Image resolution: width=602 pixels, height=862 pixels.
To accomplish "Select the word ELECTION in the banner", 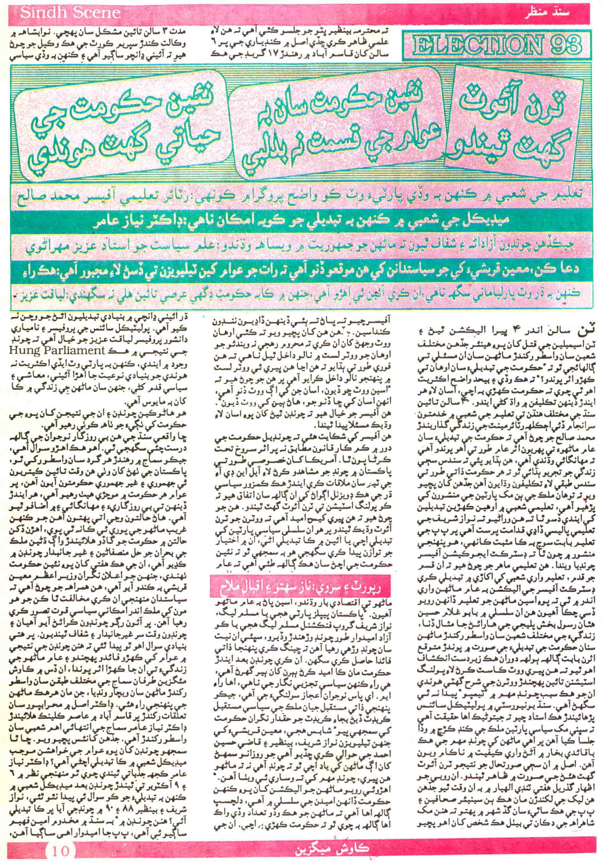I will [473, 47].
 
